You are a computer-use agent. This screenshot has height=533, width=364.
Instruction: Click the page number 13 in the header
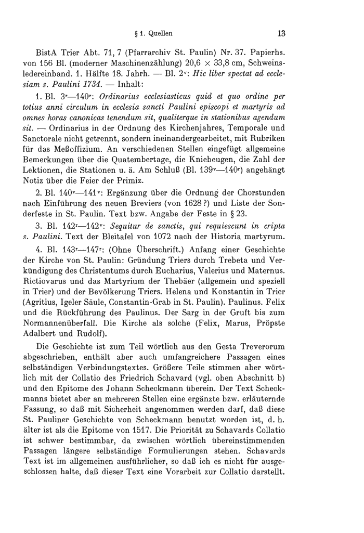point(282,35)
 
